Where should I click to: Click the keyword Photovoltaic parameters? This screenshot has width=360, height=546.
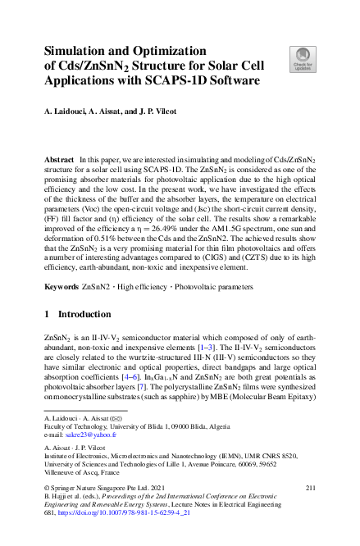point(207,265)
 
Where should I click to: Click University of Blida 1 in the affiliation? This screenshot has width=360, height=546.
point(152,426)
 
